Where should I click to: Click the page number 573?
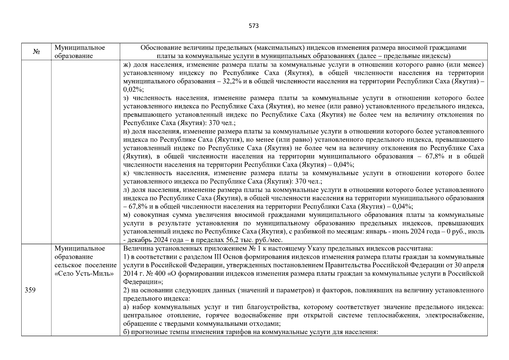click(x=254, y=26)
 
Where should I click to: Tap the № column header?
click(x=36, y=52)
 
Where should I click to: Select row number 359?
click(x=30, y=290)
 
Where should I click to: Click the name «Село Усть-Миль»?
click(x=84, y=274)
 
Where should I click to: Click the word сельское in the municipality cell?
click(x=66, y=265)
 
